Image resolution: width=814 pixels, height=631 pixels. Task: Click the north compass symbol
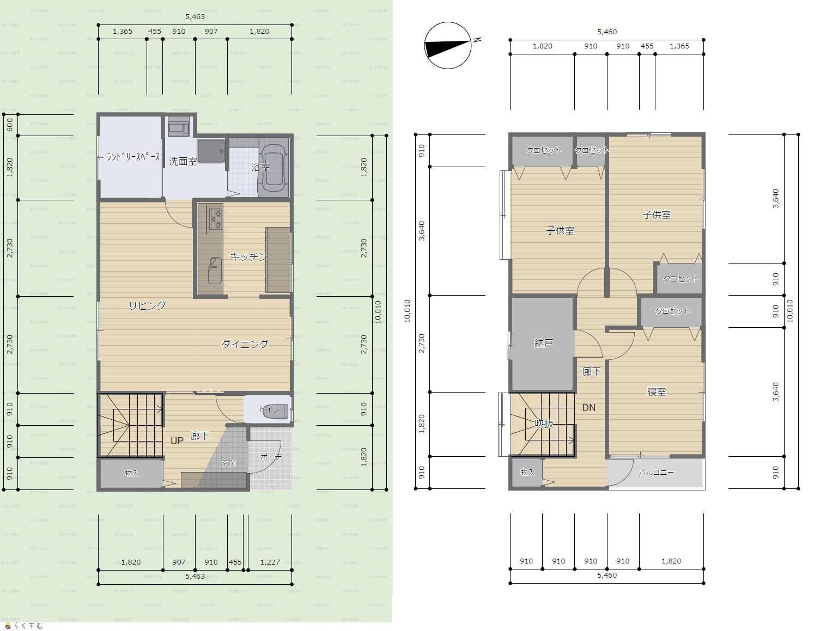(448, 45)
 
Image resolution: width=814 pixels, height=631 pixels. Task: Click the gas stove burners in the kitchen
(216, 219)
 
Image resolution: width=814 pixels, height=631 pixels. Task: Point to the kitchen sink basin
(215, 270)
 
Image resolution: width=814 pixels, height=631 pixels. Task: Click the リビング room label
(147, 305)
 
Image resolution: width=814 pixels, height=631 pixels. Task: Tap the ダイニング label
(245, 344)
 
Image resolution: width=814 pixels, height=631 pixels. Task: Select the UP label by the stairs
(177, 440)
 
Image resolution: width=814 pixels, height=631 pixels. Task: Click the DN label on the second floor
(588, 407)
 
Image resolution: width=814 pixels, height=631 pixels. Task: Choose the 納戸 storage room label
(544, 343)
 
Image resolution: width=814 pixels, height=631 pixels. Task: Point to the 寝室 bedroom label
(657, 391)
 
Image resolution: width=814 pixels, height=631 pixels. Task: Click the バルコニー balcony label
(656, 472)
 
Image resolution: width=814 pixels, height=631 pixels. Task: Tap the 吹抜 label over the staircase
(544, 423)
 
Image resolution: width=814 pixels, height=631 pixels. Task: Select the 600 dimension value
(10, 125)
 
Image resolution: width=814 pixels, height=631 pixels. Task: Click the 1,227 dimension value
(270, 562)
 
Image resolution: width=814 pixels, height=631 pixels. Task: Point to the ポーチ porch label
(270, 457)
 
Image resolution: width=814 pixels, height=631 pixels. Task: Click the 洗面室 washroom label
(183, 161)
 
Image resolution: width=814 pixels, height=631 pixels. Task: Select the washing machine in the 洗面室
(179, 126)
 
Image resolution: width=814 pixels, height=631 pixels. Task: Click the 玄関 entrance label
(228, 463)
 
